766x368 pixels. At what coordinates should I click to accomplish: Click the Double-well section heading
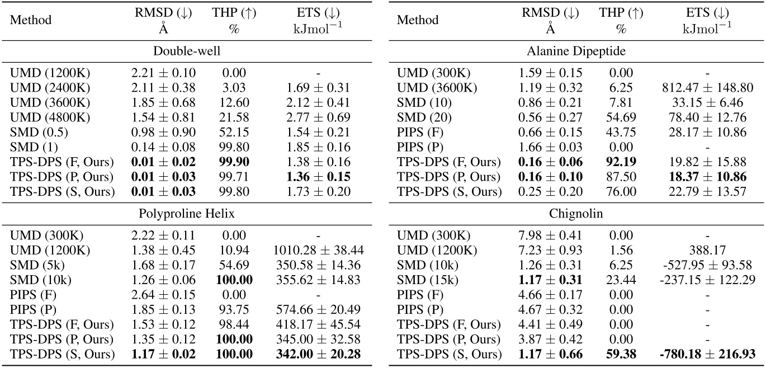[x=186, y=51]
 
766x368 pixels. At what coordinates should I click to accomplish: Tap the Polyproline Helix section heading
[x=186, y=214]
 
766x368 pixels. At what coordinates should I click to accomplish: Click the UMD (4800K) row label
[x=49, y=117]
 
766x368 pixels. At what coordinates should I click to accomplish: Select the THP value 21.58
[x=234, y=117]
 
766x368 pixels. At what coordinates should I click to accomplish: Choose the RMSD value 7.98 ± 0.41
[x=550, y=235]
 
